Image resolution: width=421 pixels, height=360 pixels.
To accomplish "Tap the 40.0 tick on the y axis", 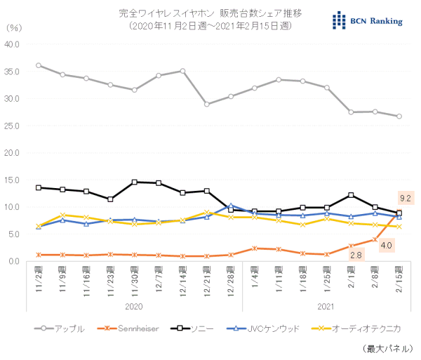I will [14, 44].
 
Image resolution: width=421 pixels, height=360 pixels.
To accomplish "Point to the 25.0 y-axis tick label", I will [14, 125].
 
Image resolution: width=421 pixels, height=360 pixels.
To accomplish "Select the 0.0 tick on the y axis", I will [15, 261].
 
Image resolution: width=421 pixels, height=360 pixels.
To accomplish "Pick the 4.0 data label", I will [387, 245].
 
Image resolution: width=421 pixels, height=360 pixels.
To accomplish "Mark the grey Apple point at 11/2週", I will [38, 65].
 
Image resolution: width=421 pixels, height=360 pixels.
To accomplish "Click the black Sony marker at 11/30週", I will [134, 182].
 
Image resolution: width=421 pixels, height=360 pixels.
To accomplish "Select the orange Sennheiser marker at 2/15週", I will [399, 211].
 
